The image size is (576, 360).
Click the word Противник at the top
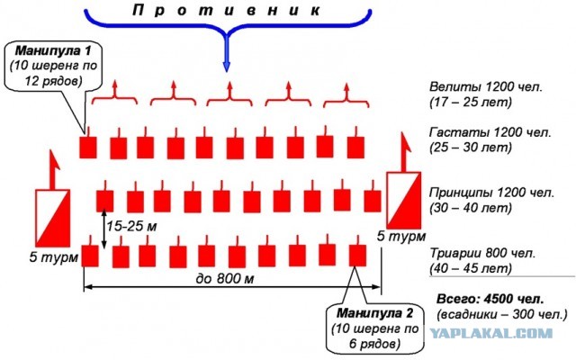[226, 10]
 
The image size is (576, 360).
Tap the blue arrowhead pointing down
[227, 67]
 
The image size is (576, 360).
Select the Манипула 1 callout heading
[53, 50]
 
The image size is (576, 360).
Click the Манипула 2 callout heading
[374, 313]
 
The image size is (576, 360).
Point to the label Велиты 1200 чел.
[485, 86]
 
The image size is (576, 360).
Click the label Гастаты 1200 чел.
[490, 132]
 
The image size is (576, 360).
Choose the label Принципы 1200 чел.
[491, 193]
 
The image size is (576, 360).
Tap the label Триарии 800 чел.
[482, 253]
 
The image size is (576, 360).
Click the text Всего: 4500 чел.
[490, 299]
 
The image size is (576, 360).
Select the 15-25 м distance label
[131, 226]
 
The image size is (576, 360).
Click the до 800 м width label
[225, 278]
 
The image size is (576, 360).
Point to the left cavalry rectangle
[52, 218]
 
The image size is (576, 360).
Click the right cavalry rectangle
[404, 200]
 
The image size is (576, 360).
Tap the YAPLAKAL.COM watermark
[491, 334]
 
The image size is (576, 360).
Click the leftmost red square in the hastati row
[88, 148]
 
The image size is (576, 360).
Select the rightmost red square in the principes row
[373, 201]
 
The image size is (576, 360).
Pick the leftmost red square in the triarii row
[90, 256]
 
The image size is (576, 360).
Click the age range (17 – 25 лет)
[471, 102]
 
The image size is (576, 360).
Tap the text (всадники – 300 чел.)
[502, 314]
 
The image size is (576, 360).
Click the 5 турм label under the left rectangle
[54, 257]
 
